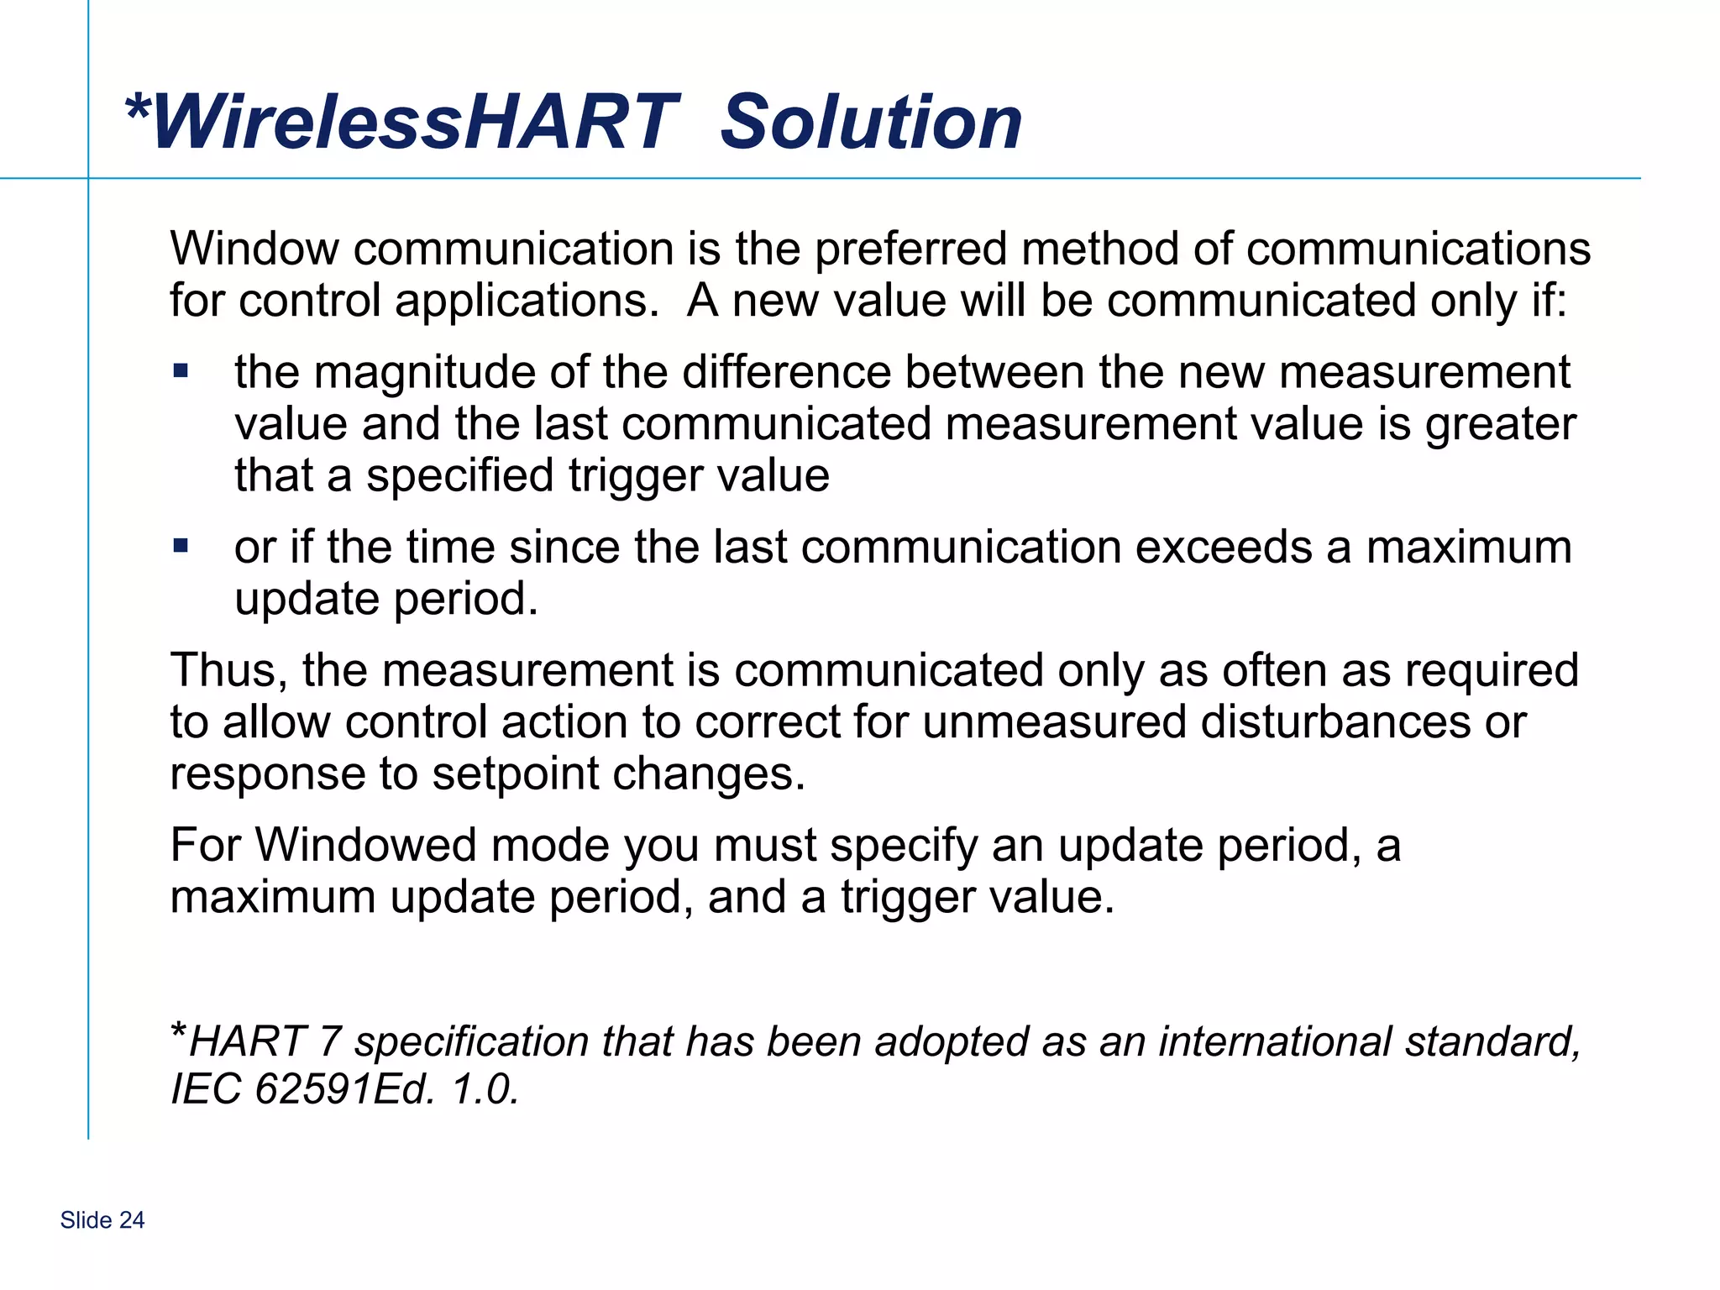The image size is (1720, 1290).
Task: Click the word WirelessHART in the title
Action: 415,123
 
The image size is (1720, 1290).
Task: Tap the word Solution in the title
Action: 871,123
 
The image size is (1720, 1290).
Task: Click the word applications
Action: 527,302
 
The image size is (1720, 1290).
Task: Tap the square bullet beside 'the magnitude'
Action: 181,370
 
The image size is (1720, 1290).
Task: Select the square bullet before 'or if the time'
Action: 181,547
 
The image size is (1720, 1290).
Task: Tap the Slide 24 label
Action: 102,1220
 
